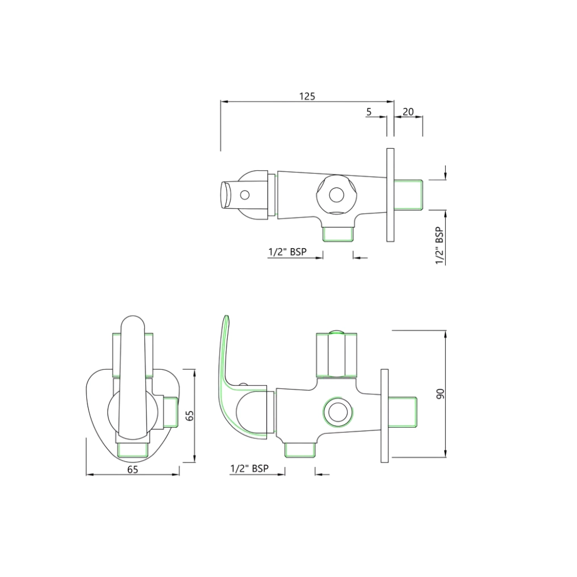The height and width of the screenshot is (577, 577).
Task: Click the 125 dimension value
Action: pyautogui.click(x=307, y=96)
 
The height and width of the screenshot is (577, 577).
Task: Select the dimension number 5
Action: pyautogui.click(x=369, y=112)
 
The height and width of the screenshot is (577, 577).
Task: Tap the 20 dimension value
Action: pyautogui.click(x=408, y=112)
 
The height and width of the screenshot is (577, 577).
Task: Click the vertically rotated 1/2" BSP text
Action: pyautogui.click(x=439, y=246)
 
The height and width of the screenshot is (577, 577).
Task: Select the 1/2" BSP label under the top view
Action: pyautogui.click(x=287, y=252)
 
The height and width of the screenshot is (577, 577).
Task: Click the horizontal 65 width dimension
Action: pyautogui.click(x=132, y=469)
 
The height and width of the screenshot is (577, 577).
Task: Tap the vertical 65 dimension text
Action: pyautogui.click(x=191, y=415)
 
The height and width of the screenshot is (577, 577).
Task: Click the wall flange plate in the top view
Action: pyautogui.click(x=390, y=195)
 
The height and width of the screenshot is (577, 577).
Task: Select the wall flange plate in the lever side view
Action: pyautogui.click(x=384, y=415)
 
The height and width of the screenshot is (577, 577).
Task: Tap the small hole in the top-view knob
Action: pyautogui.click(x=245, y=195)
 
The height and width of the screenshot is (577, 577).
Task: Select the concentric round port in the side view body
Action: pyautogui.click(x=337, y=412)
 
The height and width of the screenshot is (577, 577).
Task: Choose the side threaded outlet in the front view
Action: pyautogui.click(x=170, y=412)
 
